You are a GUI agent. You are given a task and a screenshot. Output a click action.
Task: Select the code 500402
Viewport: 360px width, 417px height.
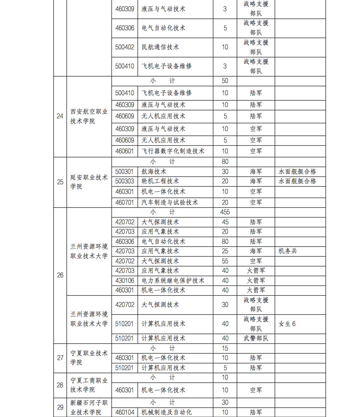pos(125,47)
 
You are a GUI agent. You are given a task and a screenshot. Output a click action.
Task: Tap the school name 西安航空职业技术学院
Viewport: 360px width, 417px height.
pos(89,116)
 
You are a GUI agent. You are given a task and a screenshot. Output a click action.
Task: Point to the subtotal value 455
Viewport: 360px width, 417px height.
pos(225,212)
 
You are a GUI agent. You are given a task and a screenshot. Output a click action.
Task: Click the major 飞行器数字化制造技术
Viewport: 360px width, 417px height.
pos(173,151)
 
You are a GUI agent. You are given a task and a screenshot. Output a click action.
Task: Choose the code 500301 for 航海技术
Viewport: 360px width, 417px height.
pos(124,171)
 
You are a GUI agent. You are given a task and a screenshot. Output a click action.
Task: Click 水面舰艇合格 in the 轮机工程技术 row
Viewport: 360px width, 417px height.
pos(297,181)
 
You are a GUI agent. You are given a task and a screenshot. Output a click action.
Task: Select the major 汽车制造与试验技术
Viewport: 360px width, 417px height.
pos(170,202)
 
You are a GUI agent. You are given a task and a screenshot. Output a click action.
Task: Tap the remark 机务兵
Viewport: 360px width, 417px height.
pos(288,251)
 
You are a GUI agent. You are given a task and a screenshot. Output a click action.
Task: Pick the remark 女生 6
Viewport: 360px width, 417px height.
pos(287,324)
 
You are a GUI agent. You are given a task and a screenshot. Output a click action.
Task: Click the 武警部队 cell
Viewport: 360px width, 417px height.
pos(256,338)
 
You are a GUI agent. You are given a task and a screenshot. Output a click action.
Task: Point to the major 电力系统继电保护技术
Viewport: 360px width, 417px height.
pos(173,281)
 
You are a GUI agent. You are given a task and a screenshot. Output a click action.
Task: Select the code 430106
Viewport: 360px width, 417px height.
pos(125,281)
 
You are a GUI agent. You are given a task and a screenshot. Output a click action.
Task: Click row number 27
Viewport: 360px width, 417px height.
pos(60,358)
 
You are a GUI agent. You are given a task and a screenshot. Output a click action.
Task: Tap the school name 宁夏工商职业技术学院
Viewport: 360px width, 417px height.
pos(89,385)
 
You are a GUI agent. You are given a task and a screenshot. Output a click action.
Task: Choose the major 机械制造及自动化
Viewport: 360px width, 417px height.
pos(167,412)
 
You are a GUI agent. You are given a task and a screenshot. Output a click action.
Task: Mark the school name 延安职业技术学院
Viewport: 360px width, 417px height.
pos(89,182)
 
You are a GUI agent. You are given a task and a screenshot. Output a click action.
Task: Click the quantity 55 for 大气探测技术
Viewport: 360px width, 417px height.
pos(225,261)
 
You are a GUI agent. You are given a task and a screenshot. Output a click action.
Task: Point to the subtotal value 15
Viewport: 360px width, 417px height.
pos(225,348)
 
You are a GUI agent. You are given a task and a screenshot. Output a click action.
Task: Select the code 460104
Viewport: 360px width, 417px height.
pos(125,412)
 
